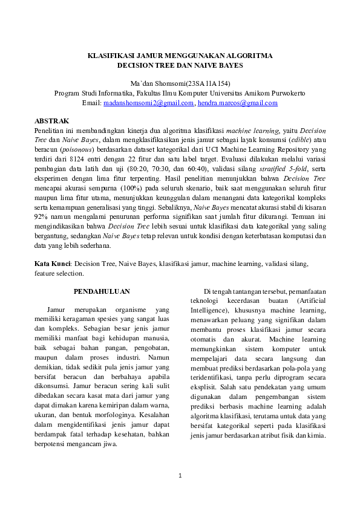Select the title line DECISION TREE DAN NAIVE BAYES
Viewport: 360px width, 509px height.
point(180,65)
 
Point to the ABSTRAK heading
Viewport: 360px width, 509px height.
point(52,122)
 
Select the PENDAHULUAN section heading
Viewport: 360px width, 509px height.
point(102,292)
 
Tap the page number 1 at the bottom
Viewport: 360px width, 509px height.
point(180,477)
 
